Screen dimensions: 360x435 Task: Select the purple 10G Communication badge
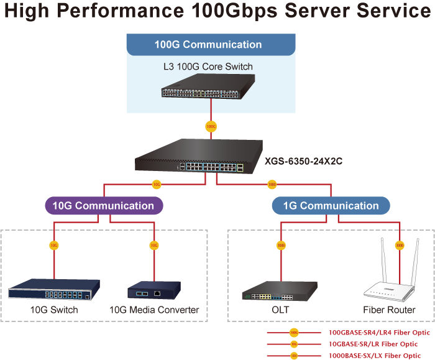coord(103,205)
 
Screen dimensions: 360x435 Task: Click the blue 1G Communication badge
coord(331,206)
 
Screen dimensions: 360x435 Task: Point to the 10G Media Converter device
coord(153,290)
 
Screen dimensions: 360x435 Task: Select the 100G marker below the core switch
coord(211,126)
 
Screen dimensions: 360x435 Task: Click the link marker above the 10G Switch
coord(54,245)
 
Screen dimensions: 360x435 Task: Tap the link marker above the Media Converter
coord(154,245)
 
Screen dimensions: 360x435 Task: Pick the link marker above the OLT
coord(281,245)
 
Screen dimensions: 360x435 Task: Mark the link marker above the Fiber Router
coord(400,245)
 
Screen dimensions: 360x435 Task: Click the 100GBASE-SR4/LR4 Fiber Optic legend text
coord(379,333)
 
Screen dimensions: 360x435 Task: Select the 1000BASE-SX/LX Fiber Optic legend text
coord(375,355)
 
